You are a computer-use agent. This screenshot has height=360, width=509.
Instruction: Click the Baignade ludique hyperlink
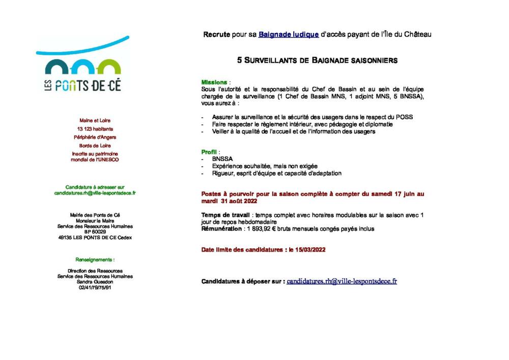pos(288,35)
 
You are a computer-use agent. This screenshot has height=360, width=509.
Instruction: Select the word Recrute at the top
pos(216,35)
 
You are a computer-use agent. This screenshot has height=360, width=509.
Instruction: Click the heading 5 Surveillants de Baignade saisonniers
pos(317,60)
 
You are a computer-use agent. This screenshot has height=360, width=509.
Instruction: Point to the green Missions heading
pos(214,82)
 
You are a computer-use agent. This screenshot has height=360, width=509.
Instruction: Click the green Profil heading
pos(210,152)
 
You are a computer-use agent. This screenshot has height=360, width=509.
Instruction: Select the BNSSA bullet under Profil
pos(222,159)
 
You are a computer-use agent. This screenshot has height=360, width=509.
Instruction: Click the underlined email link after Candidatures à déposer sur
pos(342,281)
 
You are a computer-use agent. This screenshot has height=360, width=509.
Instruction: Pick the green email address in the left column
pos(95,193)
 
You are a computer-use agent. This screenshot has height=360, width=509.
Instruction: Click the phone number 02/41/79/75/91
pos(95,288)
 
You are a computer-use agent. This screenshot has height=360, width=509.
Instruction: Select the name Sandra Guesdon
pos(95,282)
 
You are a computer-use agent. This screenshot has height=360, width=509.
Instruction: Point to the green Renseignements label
pos(95,260)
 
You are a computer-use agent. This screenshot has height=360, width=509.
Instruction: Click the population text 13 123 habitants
pos(95,129)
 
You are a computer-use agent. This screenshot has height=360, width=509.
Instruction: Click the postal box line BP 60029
pos(95,232)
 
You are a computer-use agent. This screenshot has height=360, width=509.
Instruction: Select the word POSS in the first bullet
pos(405,117)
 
